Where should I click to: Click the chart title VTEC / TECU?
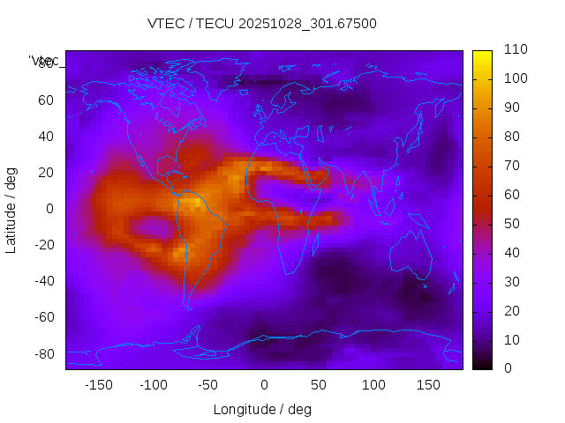pos(262,24)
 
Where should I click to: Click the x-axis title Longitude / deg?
pos(262,409)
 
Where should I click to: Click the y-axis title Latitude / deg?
pos(11,209)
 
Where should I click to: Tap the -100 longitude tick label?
pos(153,385)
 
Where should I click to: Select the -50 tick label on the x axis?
pos(208,385)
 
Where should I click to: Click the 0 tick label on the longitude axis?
pos(264,385)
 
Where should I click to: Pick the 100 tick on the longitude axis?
pos(373,385)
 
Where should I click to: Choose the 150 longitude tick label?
pos(428,385)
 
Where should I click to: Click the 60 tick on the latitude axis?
pos(45,100)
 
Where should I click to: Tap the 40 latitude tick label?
pos(45,136)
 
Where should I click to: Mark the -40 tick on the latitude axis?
pos(43,281)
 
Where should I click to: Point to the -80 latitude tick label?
pos(43,353)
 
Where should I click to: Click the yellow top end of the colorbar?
pos(482,55)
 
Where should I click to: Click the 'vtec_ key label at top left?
pos(44,61)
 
